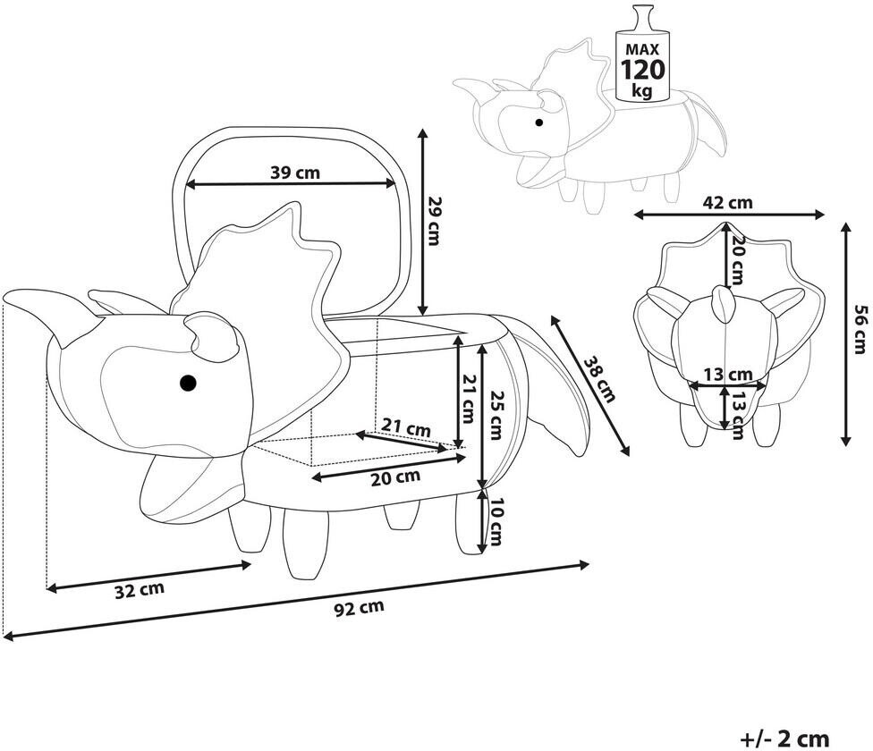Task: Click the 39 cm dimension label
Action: tap(295, 173)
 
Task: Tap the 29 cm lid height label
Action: tap(433, 221)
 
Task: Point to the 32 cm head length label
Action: tap(140, 590)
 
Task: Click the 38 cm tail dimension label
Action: tap(599, 379)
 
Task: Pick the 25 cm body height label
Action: tap(495, 415)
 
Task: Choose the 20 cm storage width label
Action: tap(395, 477)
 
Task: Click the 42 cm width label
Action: tap(727, 202)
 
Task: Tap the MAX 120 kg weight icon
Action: tap(643, 55)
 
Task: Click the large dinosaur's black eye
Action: tap(188, 383)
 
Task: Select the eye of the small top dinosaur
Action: tap(538, 122)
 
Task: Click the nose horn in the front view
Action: tap(724, 304)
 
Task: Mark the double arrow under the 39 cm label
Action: tap(290, 185)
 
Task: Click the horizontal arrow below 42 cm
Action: tap(729, 215)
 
